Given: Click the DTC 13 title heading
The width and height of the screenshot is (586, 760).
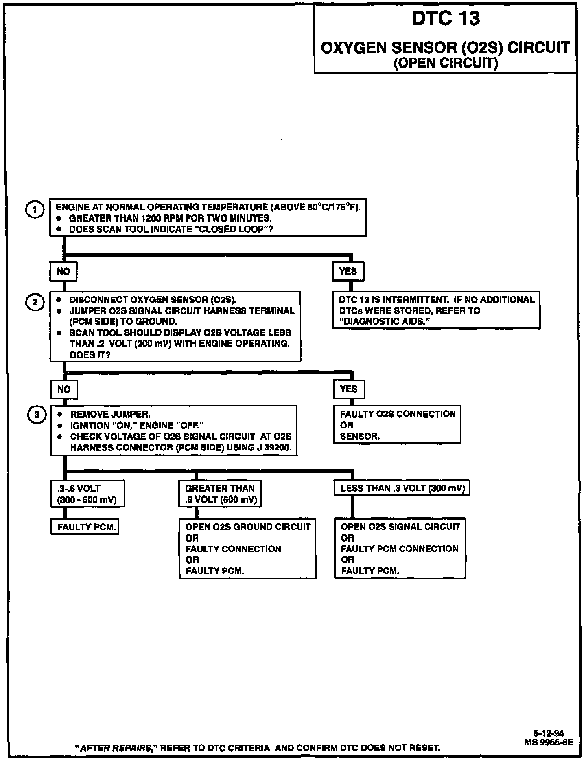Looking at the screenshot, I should pos(446,19).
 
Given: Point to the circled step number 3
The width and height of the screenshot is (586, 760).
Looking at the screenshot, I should pos(36,415).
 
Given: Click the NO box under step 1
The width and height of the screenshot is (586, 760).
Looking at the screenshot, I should pos(63,271).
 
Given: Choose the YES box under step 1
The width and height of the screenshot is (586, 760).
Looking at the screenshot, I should pos(348,271).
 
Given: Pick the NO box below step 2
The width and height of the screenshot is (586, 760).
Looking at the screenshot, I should pos(64,389).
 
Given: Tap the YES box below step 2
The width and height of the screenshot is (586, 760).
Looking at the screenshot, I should pos(349,389).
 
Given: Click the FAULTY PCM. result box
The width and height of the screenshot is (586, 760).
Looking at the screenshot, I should pos(85,527).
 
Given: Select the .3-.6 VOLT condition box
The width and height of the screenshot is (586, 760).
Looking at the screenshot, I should pos(87,494).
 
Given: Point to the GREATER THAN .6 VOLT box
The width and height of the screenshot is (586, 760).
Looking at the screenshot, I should pos(220,494).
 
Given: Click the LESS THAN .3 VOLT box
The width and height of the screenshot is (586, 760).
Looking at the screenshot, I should pos(402,488).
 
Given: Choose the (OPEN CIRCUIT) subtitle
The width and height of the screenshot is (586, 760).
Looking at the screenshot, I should pos(446,63).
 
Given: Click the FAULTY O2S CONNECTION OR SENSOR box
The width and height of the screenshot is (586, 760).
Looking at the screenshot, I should pos(397,424).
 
